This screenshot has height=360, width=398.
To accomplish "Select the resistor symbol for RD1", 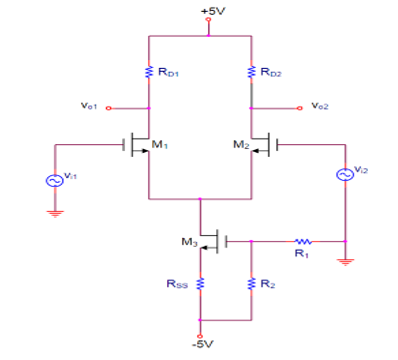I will tap(147, 72).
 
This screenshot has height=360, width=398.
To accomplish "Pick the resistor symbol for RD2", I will tap(250, 72).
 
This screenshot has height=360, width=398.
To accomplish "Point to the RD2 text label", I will tap(270, 72).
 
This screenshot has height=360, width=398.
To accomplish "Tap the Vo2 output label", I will tap(319, 106).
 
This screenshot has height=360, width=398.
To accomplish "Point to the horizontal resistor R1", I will tap(302, 241).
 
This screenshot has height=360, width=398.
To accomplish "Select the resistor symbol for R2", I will tap(250, 284).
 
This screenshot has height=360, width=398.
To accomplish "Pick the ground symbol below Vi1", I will tap(56, 213).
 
